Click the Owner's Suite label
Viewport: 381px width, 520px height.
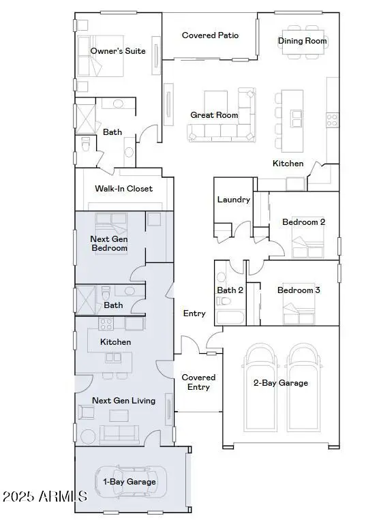tap(118, 50)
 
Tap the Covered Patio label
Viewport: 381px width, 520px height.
tap(210, 35)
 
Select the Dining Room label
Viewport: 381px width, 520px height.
tap(302, 41)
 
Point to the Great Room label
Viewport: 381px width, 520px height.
tap(214, 115)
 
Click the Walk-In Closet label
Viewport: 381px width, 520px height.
tap(123, 189)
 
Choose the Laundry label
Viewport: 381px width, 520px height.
tap(234, 200)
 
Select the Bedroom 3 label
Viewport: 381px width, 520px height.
tap(299, 290)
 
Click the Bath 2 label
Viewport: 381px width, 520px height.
tap(230, 290)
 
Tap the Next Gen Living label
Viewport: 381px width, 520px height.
tap(123, 401)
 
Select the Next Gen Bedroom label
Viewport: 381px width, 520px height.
tap(109, 243)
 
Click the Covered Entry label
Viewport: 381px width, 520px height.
tap(198, 382)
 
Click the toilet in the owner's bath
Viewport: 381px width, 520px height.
tap(86, 145)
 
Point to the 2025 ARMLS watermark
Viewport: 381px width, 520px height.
tap(44, 496)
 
